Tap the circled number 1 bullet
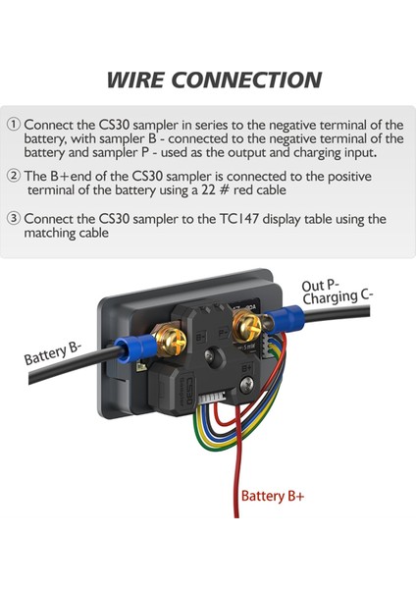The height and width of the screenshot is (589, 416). [13, 125]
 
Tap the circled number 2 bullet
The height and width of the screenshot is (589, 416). [13, 175]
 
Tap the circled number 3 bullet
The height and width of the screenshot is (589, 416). [13, 219]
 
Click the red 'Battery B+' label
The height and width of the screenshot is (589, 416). [273, 497]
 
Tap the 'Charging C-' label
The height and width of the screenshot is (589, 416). [339, 298]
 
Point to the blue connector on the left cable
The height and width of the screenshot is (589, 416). [128, 348]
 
